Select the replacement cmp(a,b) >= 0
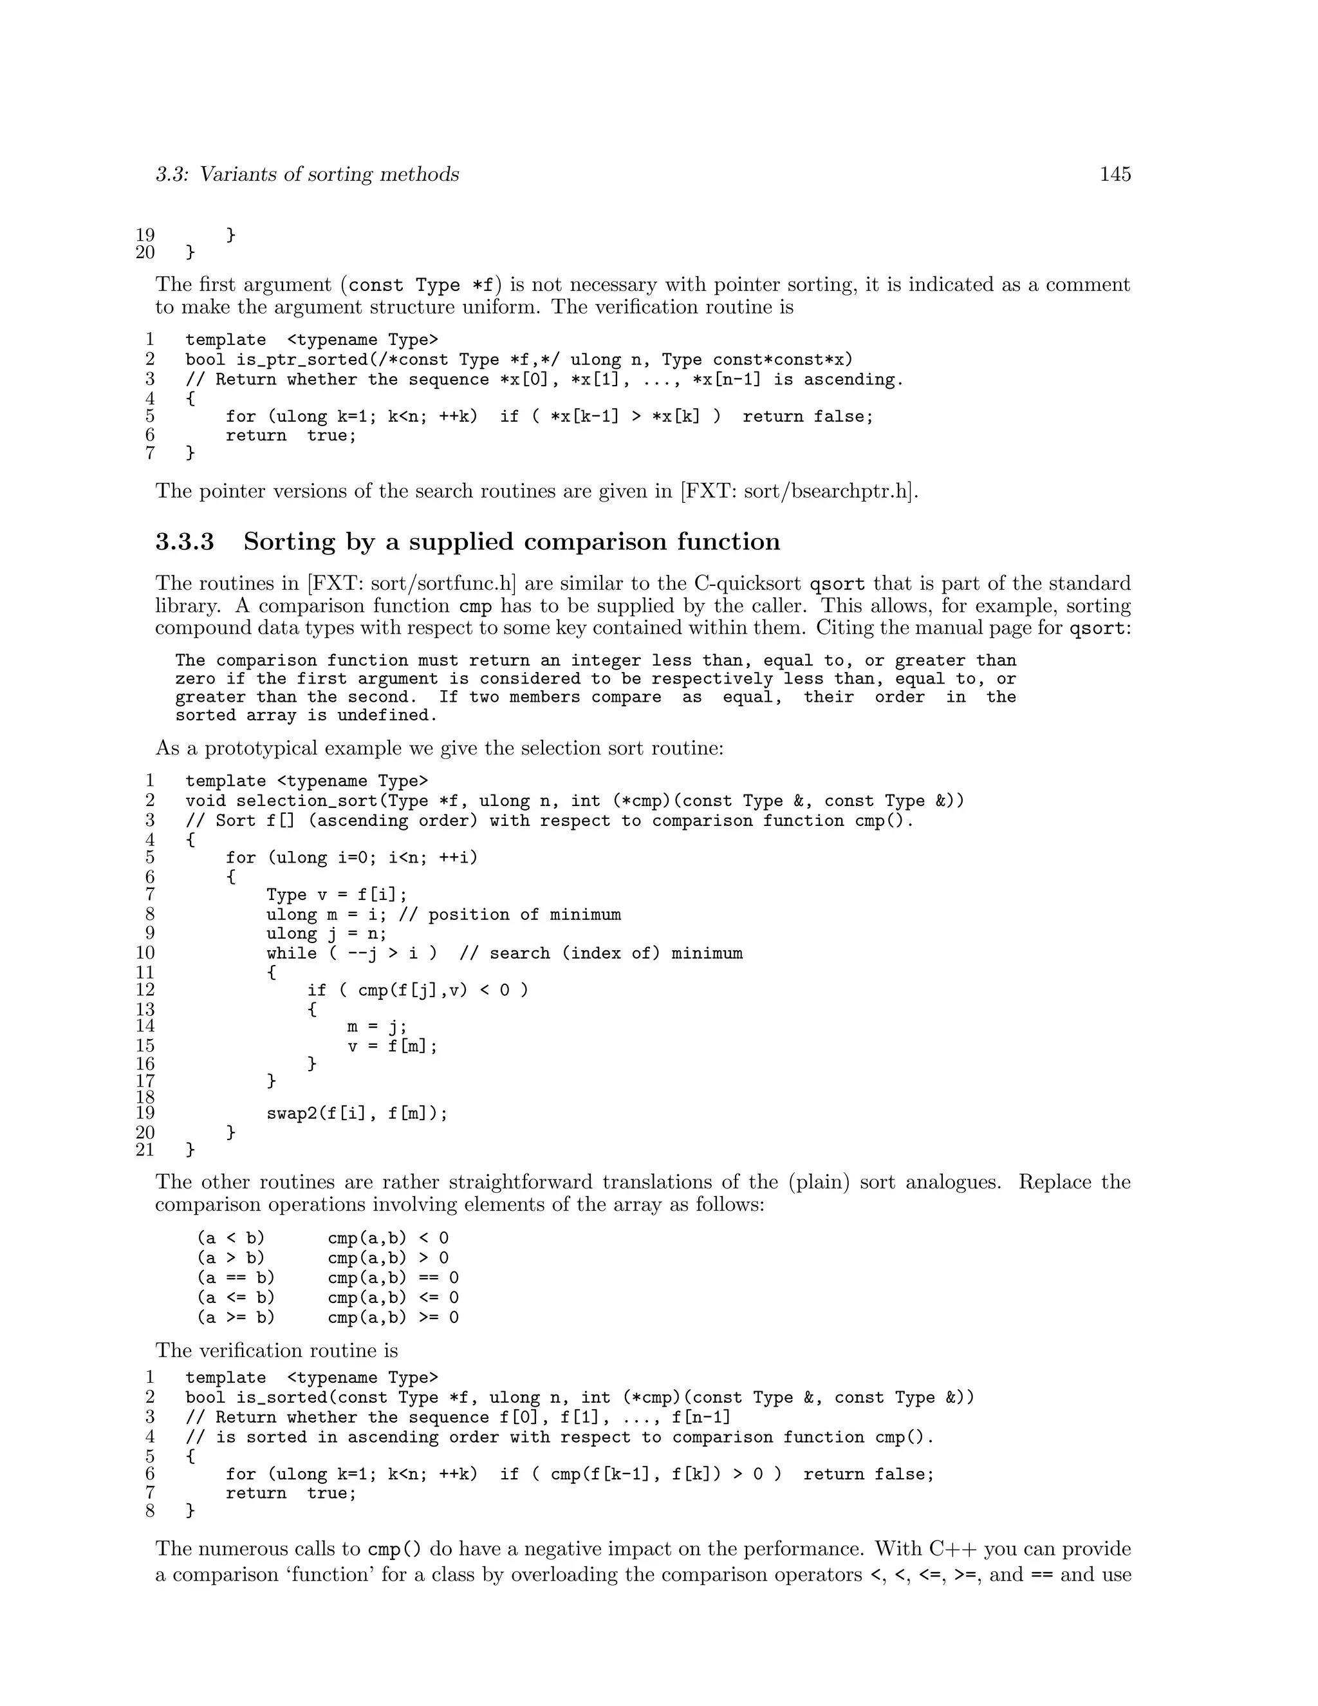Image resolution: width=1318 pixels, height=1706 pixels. (x=393, y=1318)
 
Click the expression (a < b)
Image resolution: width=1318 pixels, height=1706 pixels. (x=231, y=1238)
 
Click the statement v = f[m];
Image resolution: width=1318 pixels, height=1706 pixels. (x=393, y=1046)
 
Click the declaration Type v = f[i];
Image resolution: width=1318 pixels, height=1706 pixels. (x=337, y=895)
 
